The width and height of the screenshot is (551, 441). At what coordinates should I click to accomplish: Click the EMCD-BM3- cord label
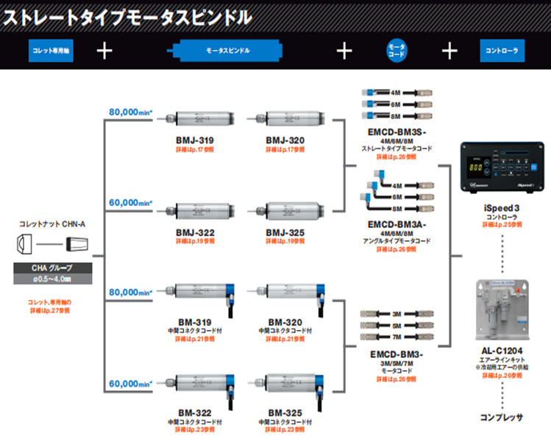point(395,354)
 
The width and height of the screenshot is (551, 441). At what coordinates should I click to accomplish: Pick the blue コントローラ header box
point(502,51)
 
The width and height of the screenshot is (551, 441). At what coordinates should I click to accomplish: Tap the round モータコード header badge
point(397,51)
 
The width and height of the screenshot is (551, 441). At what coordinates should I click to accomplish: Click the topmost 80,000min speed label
point(129,112)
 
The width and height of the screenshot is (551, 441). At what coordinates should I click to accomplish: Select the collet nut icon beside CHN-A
point(23,243)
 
